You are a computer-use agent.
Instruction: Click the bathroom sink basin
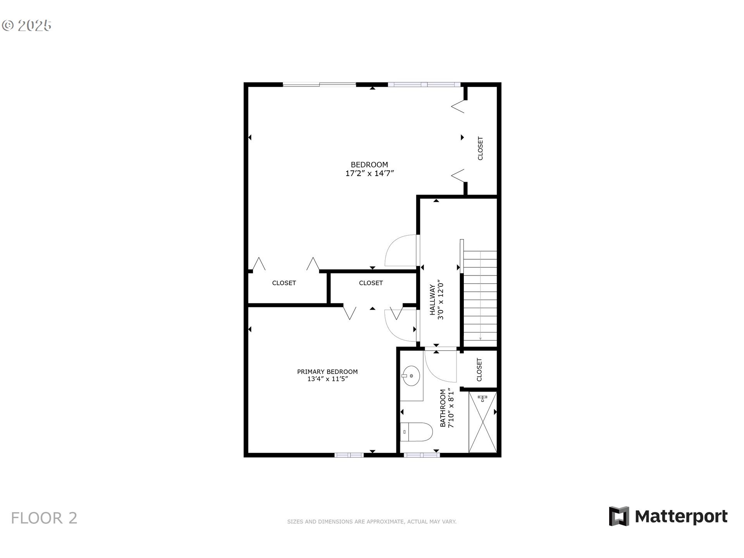(x=411, y=375)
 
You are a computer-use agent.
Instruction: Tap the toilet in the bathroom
(x=416, y=432)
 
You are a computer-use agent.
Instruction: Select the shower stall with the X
(x=482, y=422)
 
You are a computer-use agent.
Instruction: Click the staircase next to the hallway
(x=480, y=296)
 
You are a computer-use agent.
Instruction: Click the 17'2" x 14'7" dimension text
(x=369, y=174)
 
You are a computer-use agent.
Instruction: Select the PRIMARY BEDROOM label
(x=327, y=372)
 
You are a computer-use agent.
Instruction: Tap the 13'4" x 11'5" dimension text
(x=327, y=379)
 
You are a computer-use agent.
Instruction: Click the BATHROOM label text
(x=443, y=408)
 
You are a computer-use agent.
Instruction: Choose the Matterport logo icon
(x=618, y=516)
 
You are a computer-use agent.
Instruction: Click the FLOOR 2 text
(x=44, y=518)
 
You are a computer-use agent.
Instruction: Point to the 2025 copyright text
(x=27, y=26)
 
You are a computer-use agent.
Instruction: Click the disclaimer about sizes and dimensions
(x=372, y=522)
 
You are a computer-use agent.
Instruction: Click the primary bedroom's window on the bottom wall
(x=349, y=455)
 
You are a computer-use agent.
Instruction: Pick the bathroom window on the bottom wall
(x=422, y=455)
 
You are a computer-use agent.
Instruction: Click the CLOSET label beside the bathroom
(x=479, y=370)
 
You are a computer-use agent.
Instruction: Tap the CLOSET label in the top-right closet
(x=480, y=148)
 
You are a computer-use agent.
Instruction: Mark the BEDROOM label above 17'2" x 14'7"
(x=369, y=165)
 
